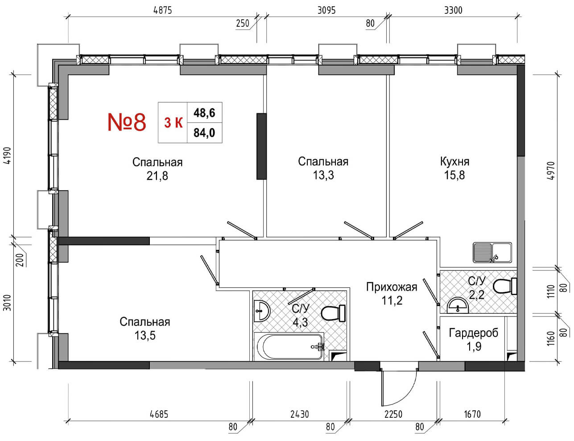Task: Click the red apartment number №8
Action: point(127,122)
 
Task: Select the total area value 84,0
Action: point(204,133)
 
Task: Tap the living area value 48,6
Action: point(204,112)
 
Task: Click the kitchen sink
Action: point(492,252)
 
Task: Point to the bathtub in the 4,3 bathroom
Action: point(289,347)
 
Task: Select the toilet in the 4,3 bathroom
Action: point(333,313)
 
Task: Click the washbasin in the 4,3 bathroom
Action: point(261,310)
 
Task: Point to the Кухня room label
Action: point(454,161)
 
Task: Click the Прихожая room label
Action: point(392,287)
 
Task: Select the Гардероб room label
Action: point(474,333)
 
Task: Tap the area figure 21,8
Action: point(157,176)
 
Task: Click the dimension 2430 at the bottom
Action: point(299,414)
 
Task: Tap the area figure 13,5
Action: point(145,335)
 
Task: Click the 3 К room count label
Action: point(173,122)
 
